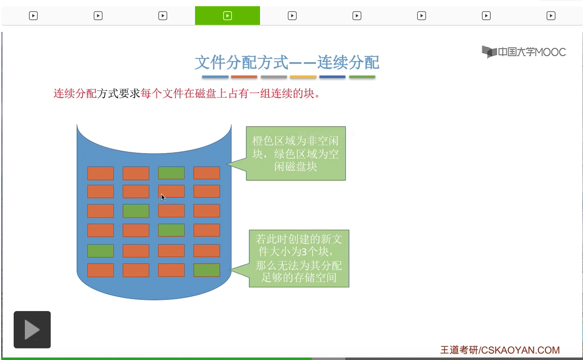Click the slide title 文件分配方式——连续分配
[x=287, y=62]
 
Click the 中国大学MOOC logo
[x=523, y=52]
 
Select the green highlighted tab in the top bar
[x=227, y=16]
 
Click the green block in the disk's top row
[x=171, y=173]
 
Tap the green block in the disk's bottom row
[x=207, y=270]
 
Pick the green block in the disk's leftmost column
[x=101, y=251]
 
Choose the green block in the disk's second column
[x=136, y=211]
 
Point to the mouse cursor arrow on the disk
[x=163, y=197]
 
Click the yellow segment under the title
[x=303, y=77]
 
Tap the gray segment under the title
[x=274, y=77]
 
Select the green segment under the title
[x=362, y=77]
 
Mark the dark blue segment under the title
[x=332, y=77]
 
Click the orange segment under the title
[x=244, y=77]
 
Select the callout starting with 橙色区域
[x=296, y=153]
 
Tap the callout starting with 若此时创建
[x=299, y=258]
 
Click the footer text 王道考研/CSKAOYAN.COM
[x=500, y=350]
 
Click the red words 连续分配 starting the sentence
[x=75, y=94]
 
